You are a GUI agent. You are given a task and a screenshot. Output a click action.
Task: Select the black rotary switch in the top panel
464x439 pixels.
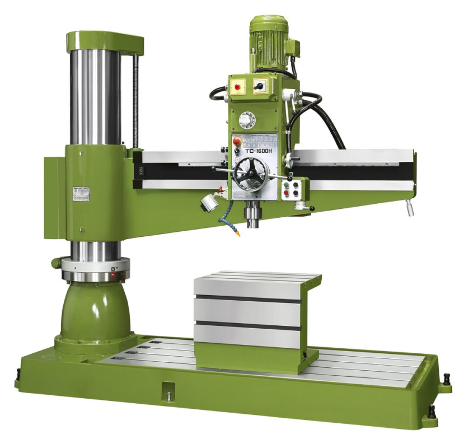tap(260, 86)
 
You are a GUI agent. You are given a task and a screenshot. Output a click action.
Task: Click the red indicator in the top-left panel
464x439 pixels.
tap(237, 87)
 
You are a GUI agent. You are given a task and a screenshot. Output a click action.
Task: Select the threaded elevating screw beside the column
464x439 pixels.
tap(135, 101)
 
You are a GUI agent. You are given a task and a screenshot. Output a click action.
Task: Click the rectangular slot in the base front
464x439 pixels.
tap(167, 388)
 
